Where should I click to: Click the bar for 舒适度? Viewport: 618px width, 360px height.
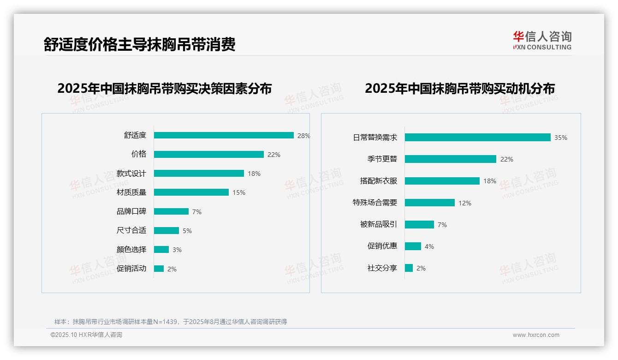click(224, 135)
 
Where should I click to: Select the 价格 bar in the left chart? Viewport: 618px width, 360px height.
click(209, 154)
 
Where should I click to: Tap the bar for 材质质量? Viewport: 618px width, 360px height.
click(191, 192)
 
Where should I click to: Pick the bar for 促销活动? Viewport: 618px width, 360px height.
click(159, 269)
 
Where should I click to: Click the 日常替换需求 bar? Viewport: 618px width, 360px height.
click(477, 138)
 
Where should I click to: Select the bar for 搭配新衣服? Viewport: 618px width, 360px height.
click(442, 181)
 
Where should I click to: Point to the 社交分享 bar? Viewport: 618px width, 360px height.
click(409, 268)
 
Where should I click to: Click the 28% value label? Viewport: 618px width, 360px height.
click(303, 136)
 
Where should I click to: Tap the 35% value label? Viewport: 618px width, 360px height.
click(561, 138)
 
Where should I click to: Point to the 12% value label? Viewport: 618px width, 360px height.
click(465, 203)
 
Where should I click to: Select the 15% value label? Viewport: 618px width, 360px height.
click(239, 192)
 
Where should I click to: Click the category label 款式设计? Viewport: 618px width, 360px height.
click(131, 174)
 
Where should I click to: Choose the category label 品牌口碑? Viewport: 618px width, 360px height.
click(131, 211)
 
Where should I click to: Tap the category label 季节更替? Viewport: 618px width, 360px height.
click(382, 159)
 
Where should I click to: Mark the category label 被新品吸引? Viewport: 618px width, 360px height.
click(379, 225)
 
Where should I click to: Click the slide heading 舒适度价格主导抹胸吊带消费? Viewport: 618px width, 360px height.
click(140, 44)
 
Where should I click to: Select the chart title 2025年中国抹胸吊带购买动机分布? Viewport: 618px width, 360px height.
click(460, 88)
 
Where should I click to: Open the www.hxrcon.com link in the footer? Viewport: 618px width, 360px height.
click(536, 335)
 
